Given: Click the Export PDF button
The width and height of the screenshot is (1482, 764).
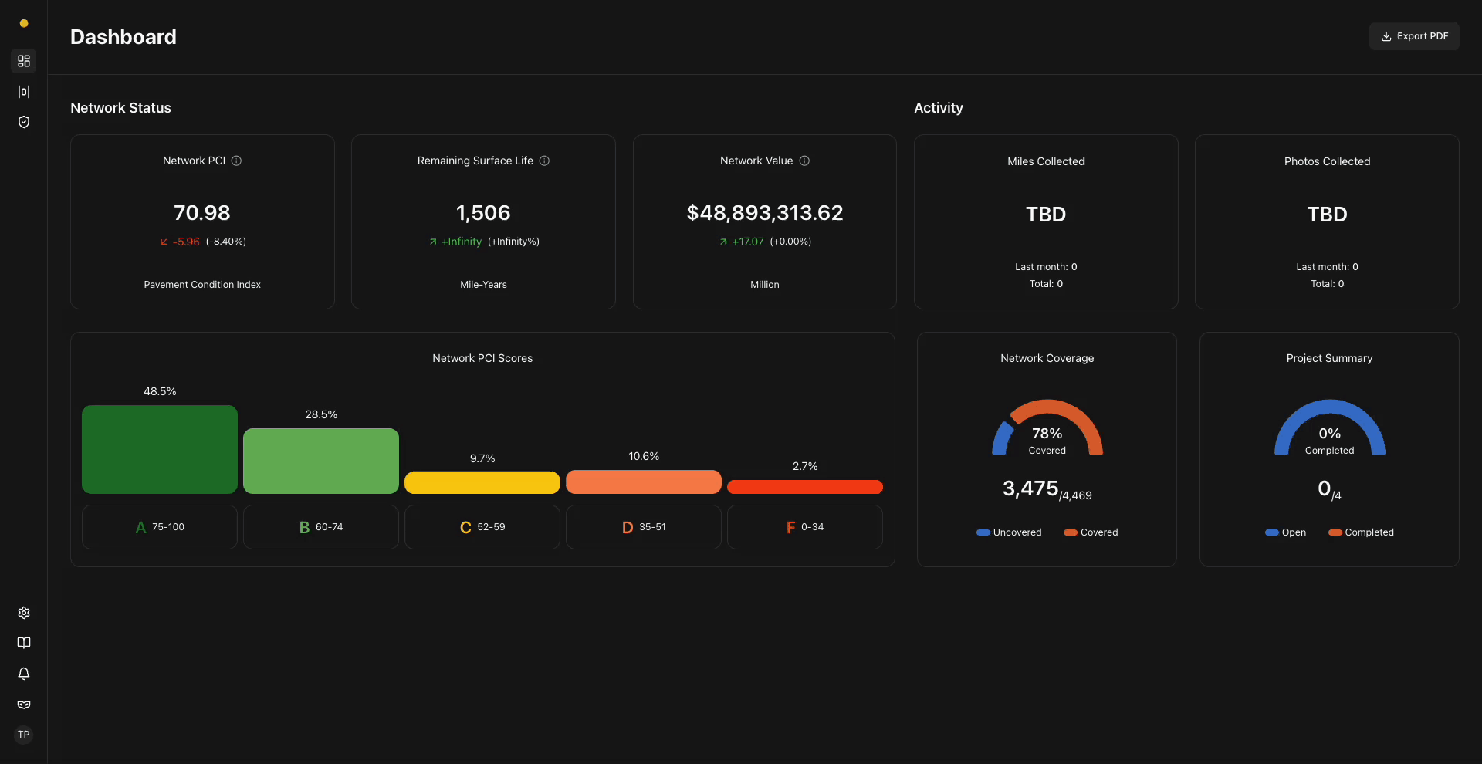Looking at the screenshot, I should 1414,36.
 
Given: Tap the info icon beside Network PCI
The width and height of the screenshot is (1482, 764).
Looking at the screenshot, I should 237,161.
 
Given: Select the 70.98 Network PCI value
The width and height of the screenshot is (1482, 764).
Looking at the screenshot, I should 202,213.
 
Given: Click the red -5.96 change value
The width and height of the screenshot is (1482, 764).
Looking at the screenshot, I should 186,242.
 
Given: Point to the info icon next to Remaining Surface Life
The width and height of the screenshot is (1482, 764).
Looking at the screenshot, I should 544,161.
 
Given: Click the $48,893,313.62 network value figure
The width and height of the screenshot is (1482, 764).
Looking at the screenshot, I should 764,213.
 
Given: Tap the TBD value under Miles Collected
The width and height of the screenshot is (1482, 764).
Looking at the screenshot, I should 1045,215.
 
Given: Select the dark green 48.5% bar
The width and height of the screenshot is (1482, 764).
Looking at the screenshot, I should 160,449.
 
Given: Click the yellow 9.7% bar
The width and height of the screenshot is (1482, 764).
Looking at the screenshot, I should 482,482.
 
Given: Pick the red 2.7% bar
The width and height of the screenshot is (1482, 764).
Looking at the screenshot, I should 805,487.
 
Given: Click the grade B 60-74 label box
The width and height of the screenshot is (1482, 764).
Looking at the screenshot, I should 321,527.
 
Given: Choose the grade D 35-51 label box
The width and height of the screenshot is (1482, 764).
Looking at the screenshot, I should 644,527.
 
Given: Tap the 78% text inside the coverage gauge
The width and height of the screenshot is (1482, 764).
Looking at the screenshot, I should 1047,434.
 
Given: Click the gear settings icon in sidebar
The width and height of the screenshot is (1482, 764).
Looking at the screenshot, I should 24,613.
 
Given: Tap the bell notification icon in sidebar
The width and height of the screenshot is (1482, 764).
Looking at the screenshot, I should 24,674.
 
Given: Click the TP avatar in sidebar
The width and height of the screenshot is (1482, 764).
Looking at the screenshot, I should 24,735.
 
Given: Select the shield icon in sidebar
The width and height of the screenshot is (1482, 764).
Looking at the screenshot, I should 24,122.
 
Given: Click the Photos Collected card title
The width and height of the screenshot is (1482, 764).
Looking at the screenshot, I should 1327,161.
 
